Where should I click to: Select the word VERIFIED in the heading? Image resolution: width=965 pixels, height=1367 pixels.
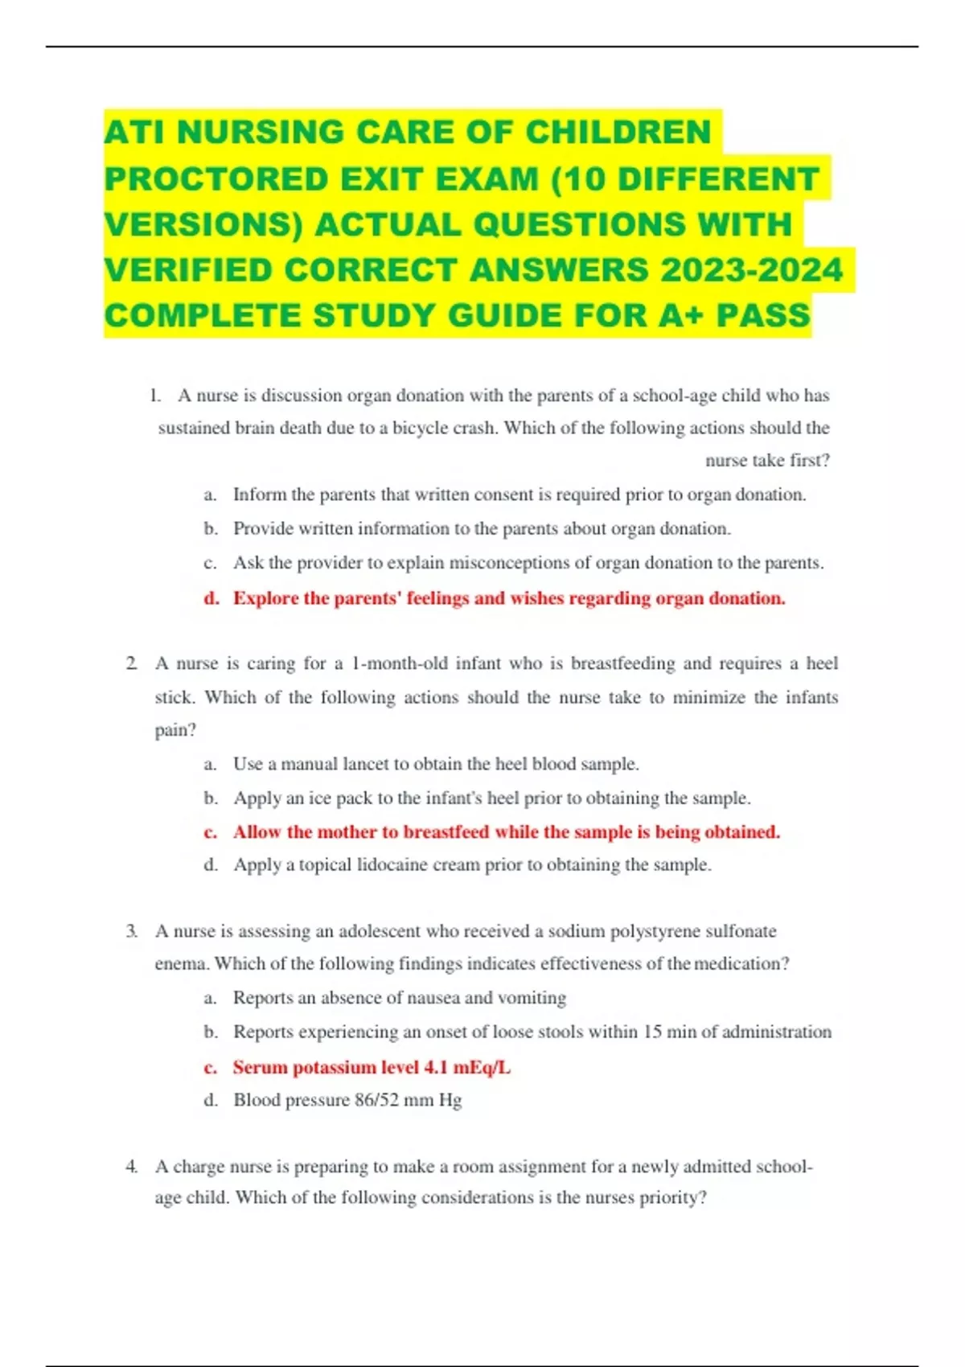click(x=187, y=270)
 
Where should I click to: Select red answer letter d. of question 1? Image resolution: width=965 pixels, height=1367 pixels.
click(x=211, y=598)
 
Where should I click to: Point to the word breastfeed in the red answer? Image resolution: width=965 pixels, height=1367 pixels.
click(x=446, y=831)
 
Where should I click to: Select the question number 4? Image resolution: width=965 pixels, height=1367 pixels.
click(x=131, y=1166)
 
